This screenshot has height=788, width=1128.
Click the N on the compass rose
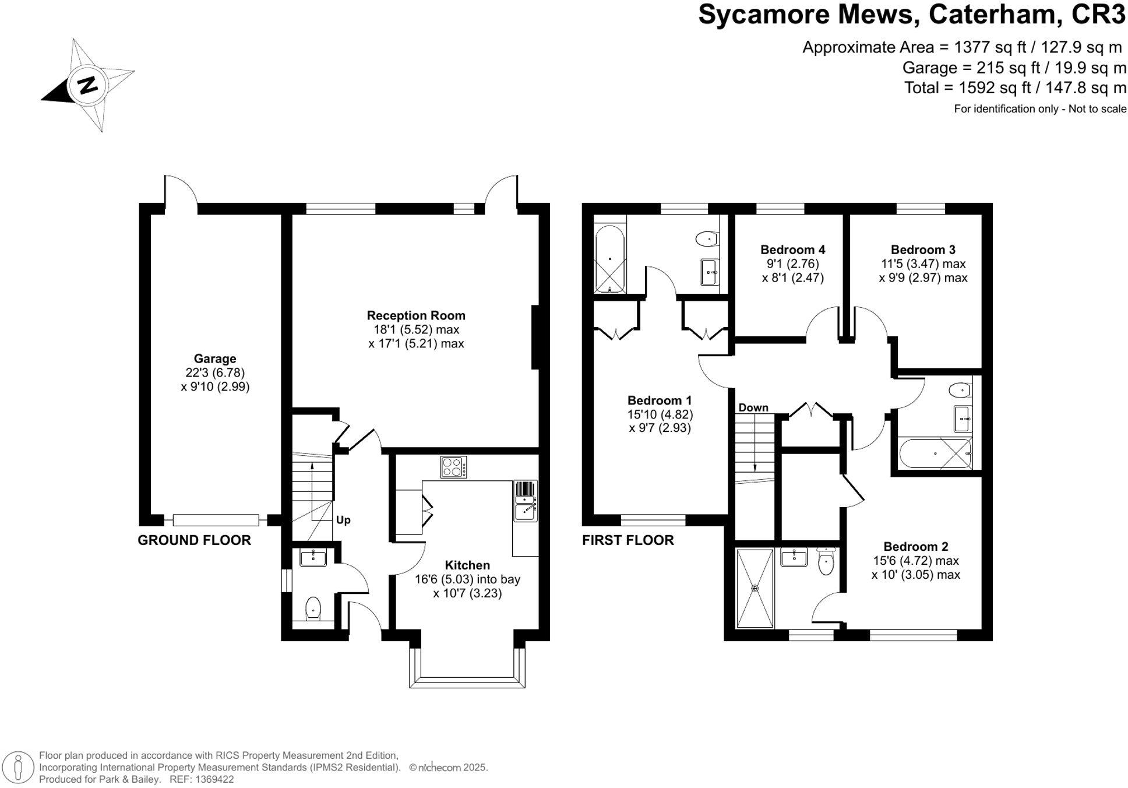[88, 85]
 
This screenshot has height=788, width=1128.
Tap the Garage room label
[215, 359]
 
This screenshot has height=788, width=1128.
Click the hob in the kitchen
[453, 467]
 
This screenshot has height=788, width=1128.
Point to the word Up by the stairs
[343, 520]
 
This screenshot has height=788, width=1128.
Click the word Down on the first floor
[753, 407]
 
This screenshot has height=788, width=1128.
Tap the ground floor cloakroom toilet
[313, 608]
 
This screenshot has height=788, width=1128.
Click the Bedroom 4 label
[792, 249]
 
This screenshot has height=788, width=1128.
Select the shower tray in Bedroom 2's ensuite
[755, 588]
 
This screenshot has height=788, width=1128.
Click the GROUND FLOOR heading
[194, 540]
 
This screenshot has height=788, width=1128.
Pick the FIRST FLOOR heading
[628, 540]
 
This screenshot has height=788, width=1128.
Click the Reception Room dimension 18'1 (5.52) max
[416, 330]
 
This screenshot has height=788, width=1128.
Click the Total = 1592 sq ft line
[1014, 88]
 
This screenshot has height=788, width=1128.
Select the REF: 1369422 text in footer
[201, 779]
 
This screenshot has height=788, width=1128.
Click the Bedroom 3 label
[923, 249]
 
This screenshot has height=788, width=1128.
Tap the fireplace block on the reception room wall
[535, 337]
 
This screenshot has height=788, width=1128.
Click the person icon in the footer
[19, 767]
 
